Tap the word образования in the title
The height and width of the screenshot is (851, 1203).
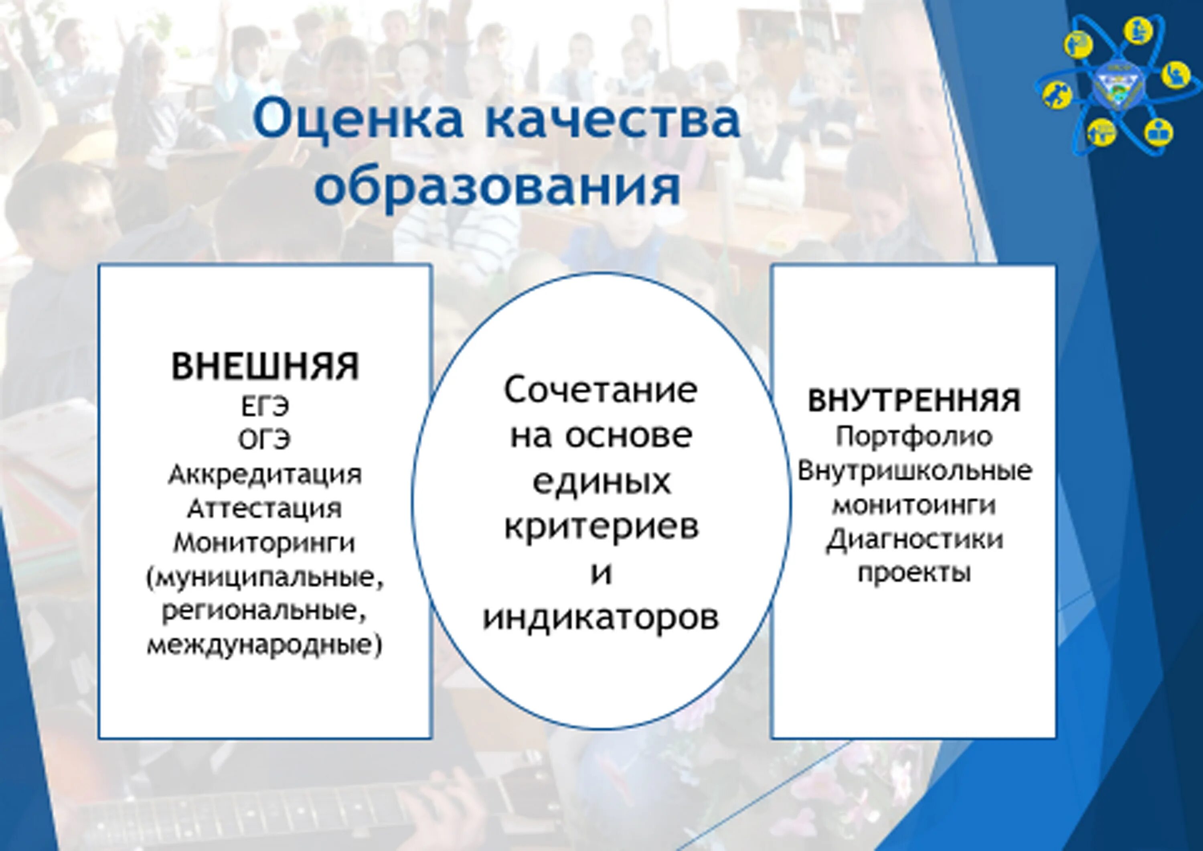coord(497,186)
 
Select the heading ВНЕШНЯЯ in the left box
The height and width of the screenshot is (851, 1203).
coord(265,366)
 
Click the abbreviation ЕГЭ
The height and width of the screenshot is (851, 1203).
coord(265,407)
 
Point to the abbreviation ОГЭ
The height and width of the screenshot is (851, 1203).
coord(265,441)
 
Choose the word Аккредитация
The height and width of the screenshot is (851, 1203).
coord(265,475)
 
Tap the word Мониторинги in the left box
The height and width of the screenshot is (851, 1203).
coord(265,543)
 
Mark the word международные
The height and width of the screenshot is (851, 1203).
coord(265,646)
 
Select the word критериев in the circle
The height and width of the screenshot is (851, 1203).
coord(601,527)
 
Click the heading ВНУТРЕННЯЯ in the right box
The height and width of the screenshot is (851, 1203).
coord(914,401)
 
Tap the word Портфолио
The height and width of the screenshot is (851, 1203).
coord(914,437)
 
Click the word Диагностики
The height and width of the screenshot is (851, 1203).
coord(914,540)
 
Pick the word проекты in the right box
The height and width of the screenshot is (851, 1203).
coord(914,573)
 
